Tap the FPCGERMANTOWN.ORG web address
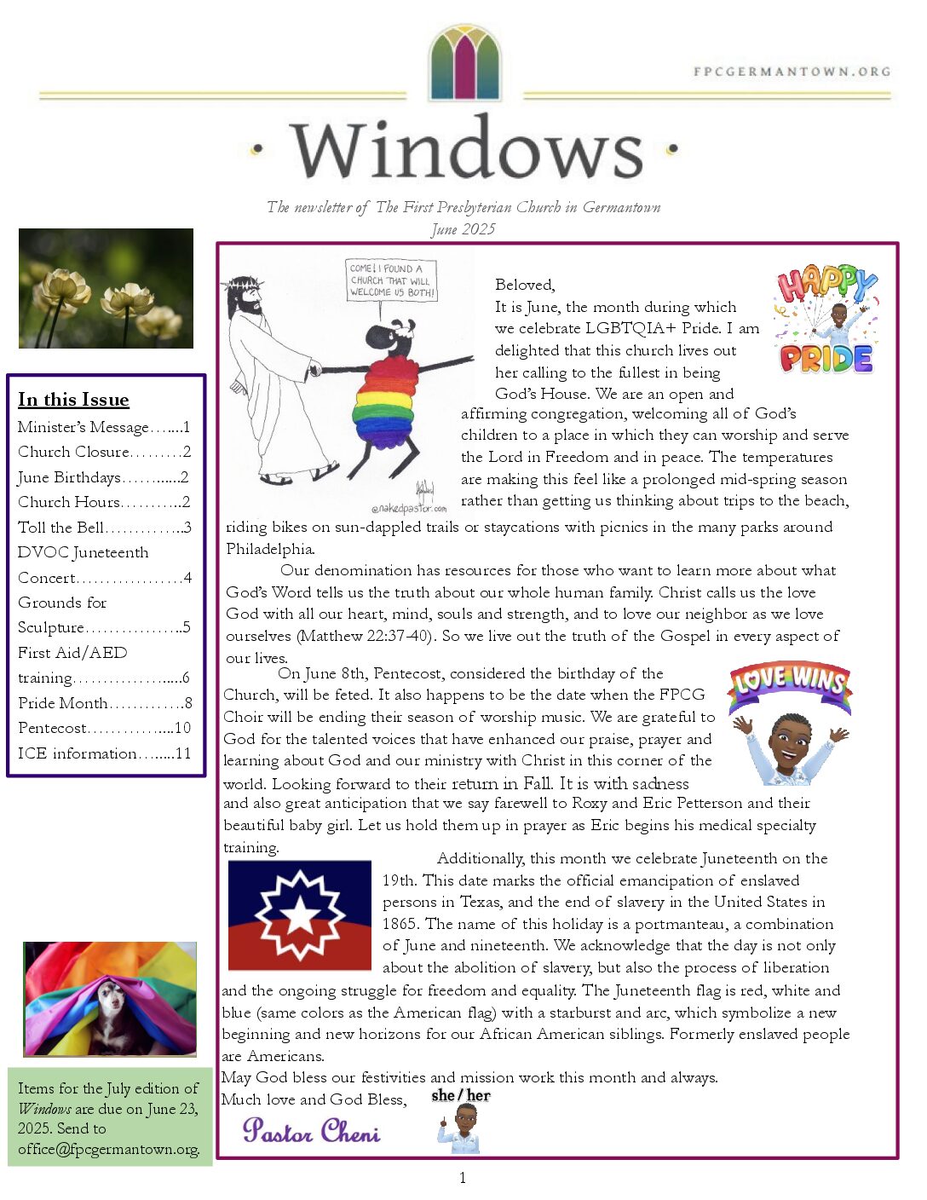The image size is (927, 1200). click(792, 72)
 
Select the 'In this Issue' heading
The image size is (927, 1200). click(73, 400)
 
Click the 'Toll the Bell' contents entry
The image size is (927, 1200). click(104, 528)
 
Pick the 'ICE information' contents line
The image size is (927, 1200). click(104, 753)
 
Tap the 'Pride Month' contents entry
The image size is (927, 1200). click(104, 703)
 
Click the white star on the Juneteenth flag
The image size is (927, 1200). click(301, 916)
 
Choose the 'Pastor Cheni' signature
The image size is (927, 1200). click(311, 1131)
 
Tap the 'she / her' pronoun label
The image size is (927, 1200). click(460, 1096)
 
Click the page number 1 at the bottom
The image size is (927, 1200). click(463, 1178)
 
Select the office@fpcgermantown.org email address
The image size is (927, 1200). click(109, 1149)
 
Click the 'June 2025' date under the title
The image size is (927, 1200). click(463, 228)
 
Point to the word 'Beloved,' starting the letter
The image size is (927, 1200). click(525, 285)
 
